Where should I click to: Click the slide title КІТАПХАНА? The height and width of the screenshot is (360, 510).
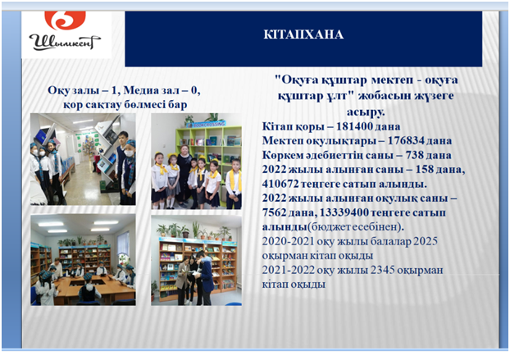click(x=303, y=34)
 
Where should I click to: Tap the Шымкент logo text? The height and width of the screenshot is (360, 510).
click(x=65, y=42)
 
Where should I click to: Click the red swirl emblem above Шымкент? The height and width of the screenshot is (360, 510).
click(x=65, y=20)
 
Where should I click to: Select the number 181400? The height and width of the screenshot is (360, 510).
click(x=353, y=126)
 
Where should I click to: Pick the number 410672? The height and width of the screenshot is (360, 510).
click(x=280, y=184)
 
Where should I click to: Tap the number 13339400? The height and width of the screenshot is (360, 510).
click(x=344, y=212)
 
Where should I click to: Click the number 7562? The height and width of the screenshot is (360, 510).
click(x=274, y=212)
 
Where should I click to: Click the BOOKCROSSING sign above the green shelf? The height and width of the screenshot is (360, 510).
click(x=209, y=124)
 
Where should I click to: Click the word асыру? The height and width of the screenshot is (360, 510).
click(x=366, y=112)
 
